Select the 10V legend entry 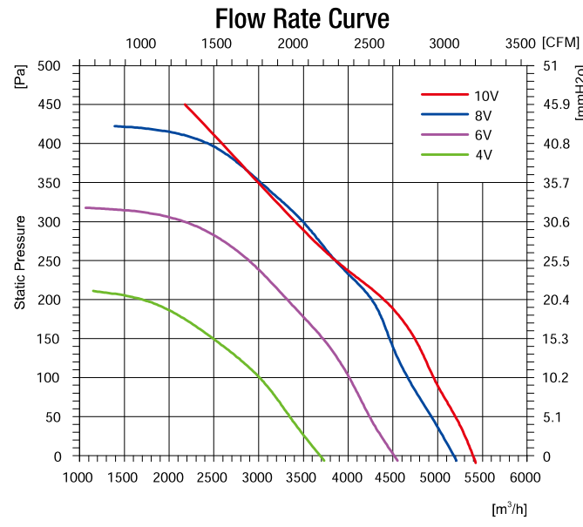486,95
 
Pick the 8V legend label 484,114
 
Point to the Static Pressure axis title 20,262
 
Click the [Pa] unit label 20,78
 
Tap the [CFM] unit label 559,42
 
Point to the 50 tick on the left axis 55,417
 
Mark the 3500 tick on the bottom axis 302,476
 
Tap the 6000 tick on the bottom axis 525,476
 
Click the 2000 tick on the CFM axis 293,43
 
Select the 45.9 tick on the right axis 556,105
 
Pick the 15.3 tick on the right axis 556,339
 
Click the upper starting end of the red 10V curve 185,105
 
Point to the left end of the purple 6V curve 85,207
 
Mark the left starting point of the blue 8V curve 115,125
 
